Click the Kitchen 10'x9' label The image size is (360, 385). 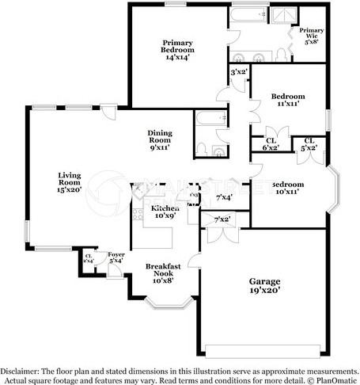pos(165,211)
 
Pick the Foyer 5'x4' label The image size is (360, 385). pos(116,257)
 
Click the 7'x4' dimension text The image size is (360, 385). pos(224,197)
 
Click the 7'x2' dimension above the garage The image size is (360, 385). pos(222,219)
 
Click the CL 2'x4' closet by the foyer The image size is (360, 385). pos(89,258)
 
